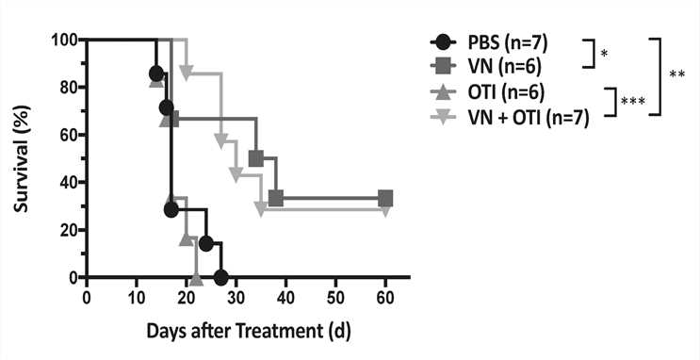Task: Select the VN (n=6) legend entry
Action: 502,68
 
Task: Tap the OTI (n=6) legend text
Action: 504,94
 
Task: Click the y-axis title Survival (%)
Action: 21,158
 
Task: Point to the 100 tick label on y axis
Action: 63,40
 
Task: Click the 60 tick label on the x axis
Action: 385,298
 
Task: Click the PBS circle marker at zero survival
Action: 221,278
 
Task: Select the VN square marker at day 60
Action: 385,199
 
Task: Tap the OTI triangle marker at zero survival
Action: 196,278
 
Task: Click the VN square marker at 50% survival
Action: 255,158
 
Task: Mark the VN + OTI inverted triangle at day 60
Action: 385,207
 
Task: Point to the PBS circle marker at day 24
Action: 205,243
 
